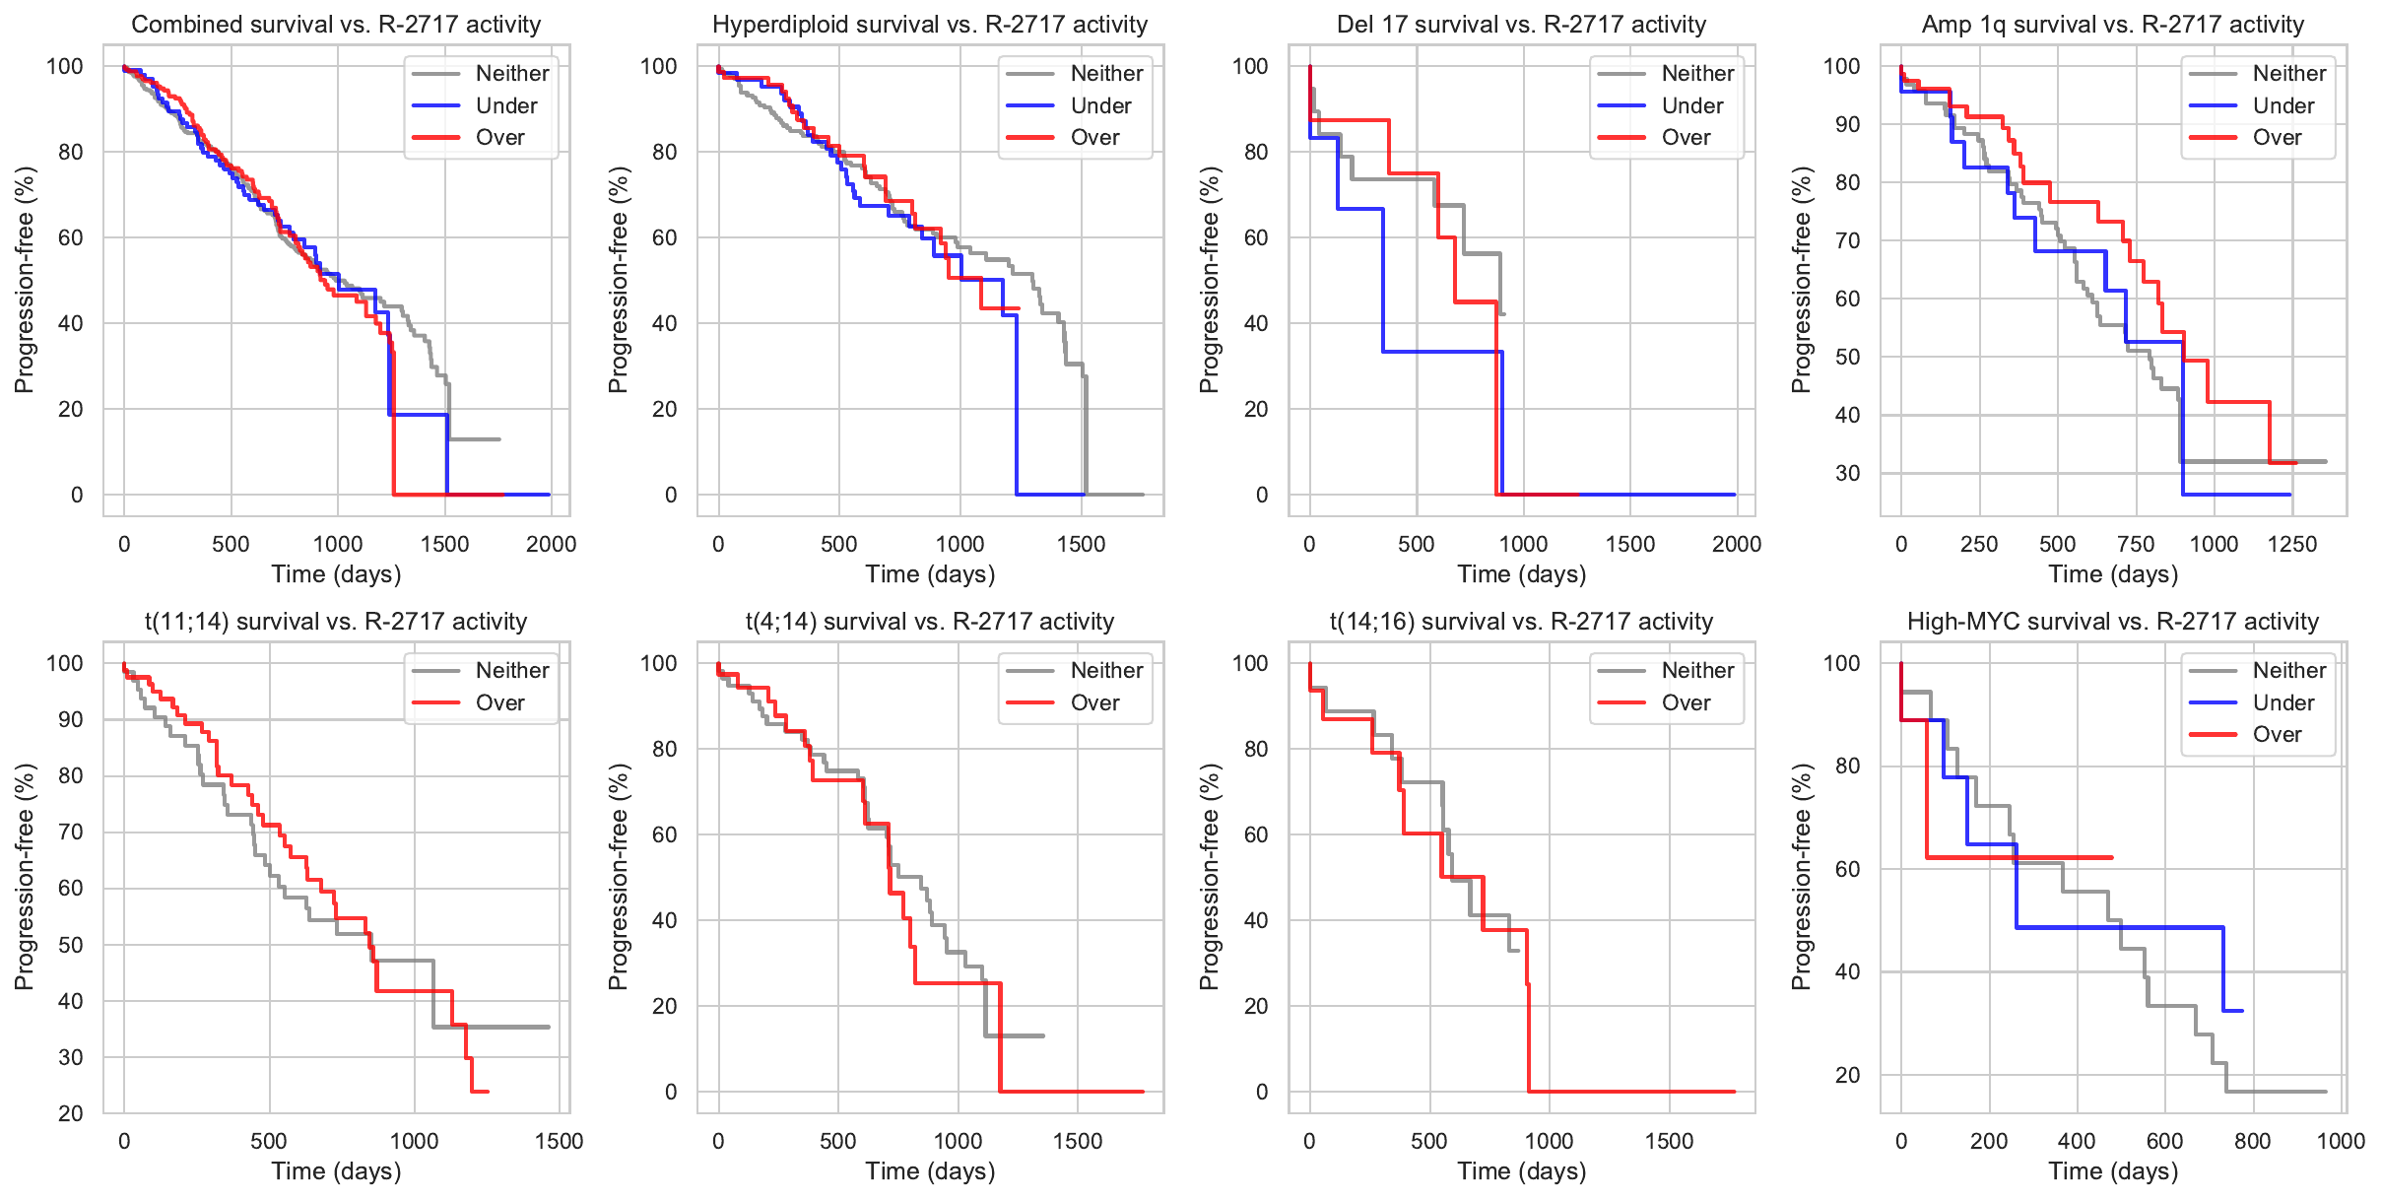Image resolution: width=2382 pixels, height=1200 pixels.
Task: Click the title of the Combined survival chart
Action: tap(336, 25)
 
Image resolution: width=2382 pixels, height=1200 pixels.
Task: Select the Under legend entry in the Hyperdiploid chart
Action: tap(1100, 105)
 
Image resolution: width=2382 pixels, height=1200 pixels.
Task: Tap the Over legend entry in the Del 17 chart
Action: tap(1686, 138)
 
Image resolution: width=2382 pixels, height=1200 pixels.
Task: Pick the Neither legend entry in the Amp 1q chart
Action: tap(2289, 73)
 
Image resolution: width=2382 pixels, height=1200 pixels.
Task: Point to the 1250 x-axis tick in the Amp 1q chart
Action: tap(2292, 544)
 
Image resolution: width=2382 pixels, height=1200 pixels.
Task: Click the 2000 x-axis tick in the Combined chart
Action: tap(552, 544)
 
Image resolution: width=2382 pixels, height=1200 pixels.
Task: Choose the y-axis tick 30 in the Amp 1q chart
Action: tap(1848, 473)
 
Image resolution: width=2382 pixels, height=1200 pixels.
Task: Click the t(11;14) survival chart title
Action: tap(336, 622)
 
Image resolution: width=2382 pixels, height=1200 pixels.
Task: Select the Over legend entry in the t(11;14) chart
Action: tap(499, 702)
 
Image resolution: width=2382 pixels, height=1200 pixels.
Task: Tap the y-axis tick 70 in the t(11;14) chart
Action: tap(71, 832)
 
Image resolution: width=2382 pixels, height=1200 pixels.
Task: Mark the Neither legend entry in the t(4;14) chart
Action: tap(1106, 670)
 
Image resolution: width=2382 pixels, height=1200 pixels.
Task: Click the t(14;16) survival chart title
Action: tap(1521, 622)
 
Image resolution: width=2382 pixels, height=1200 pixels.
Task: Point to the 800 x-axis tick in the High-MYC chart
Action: tap(2253, 1141)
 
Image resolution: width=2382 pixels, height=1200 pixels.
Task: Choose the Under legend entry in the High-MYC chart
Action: tap(2283, 702)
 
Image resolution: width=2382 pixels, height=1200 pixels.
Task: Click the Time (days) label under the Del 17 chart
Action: tap(1521, 574)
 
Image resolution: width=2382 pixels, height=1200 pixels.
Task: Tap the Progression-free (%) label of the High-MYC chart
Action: tap(1801, 877)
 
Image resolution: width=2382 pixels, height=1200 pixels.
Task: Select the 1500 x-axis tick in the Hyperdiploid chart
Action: tap(1082, 544)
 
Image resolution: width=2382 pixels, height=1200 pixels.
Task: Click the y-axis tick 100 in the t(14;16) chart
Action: tap(1250, 663)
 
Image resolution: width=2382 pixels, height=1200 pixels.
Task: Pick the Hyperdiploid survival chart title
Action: tap(930, 25)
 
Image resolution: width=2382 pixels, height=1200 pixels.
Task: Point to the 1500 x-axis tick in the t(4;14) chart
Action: tap(1078, 1141)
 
